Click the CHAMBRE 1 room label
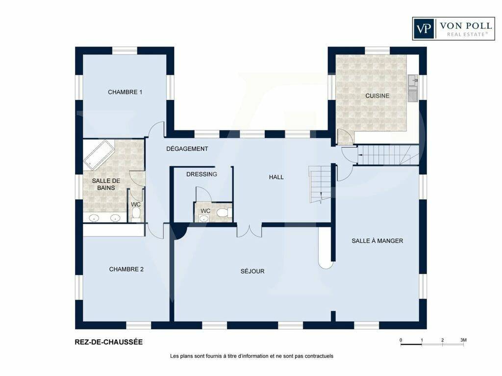tap(125, 92)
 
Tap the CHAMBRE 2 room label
tap(126, 269)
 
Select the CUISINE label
tap(377, 95)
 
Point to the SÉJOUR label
tap(252, 271)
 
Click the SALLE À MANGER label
tap(377, 241)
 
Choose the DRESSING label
tap(201, 174)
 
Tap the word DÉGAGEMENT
tap(187, 149)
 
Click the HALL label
tap(276, 177)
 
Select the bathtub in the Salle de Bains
tap(99, 155)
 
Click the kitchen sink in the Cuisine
tap(413, 88)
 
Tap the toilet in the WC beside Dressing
tap(224, 212)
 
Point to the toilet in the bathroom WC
tap(136, 214)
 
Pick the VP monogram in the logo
tap(424, 28)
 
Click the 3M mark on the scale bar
tap(463, 340)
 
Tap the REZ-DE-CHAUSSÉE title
tap(109, 342)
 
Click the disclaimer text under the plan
tap(251, 356)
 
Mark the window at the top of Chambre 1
tap(125, 51)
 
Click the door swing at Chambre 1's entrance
tap(157, 129)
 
